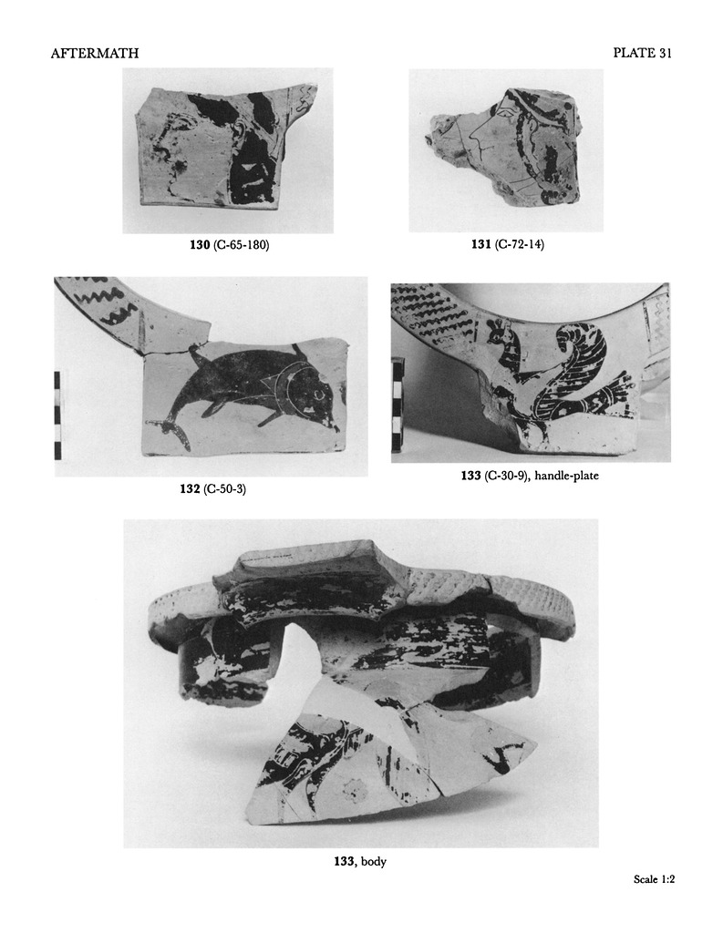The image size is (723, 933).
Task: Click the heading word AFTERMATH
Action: [x=95, y=54]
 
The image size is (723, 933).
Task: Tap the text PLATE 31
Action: [x=642, y=53]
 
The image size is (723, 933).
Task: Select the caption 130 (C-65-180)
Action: [x=229, y=244]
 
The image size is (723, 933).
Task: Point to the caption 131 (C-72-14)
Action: [x=508, y=244]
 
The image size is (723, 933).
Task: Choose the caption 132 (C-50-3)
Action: [x=212, y=489]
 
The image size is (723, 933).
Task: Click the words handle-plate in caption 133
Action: [x=567, y=476]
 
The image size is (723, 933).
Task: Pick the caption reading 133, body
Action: [x=360, y=861]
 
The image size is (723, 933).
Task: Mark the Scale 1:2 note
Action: [x=654, y=896]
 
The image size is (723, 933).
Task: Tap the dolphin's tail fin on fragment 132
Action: [x=172, y=431]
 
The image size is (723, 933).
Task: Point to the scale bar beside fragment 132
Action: [x=57, y=415]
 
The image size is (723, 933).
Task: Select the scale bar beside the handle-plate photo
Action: [x=396, y=404]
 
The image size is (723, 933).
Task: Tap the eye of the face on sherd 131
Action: [x=506, y=110]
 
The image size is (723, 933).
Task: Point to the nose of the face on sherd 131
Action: [x=472, y=143]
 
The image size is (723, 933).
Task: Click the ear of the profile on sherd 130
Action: [x=240, y=129]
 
